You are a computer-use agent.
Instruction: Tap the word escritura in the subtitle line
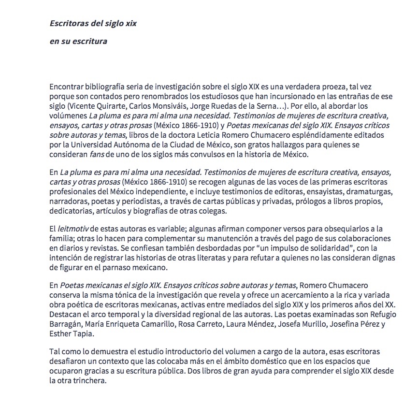pyautogui.click(x=90, y=41)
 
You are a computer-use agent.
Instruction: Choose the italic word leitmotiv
pyautogui.click(x=72, y=229)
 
